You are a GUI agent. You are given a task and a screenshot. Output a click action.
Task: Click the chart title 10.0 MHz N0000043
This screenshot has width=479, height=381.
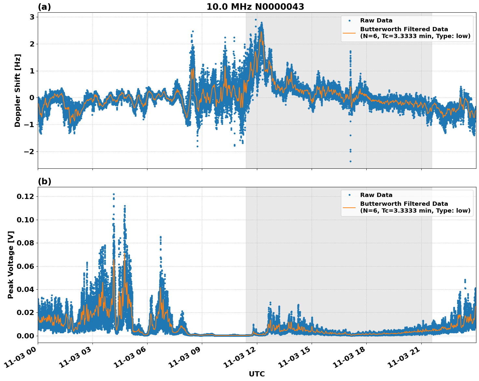tap(255, 7)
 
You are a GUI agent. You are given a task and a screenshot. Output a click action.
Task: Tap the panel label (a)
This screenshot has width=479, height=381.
tap(44, 7)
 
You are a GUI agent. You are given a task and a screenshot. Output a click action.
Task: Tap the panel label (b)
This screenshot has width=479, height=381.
tap(44, 181)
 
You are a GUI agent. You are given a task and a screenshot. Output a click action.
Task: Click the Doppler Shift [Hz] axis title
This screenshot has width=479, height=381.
tap(18, 90)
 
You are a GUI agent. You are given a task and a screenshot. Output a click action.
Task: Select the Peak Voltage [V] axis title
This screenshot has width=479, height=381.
tap(11, 265)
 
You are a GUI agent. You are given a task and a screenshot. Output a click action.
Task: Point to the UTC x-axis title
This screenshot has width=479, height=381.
tap(257, 374)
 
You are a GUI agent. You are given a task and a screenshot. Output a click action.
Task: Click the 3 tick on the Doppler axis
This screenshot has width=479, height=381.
tap(32, 17)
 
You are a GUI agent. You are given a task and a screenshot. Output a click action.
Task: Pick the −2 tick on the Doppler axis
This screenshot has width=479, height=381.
tap(29, 151)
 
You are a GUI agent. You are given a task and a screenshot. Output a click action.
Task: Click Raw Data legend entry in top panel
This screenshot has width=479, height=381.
tap(376, 21)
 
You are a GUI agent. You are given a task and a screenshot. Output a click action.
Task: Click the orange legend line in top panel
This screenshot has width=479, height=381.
tap(349, 33)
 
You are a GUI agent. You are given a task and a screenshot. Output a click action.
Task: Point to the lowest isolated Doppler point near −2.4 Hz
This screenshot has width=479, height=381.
tap(350, 161)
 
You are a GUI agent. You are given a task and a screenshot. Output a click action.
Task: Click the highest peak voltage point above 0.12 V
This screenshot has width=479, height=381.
tap(114, 194)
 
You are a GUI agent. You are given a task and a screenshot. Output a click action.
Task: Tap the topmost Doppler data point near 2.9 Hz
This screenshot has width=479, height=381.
tap(256, 20)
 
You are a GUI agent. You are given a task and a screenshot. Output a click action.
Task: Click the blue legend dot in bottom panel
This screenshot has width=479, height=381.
tap(349, 195)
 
